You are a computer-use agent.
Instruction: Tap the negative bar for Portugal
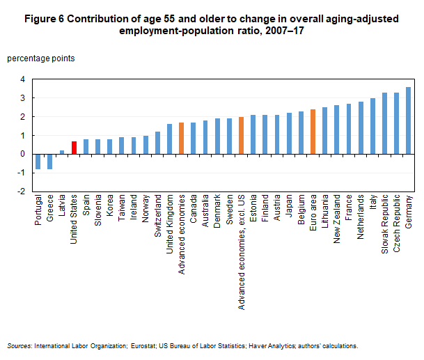38,161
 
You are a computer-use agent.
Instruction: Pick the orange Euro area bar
313,132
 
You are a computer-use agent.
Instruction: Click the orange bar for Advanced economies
181,138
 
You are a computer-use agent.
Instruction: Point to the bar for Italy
372,126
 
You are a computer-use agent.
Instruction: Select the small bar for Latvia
61,152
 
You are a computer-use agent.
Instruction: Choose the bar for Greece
49,161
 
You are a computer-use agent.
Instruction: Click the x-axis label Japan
289,210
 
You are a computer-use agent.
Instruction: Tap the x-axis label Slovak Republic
384,224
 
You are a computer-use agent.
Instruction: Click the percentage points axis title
40,58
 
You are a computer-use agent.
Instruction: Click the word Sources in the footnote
19,346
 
